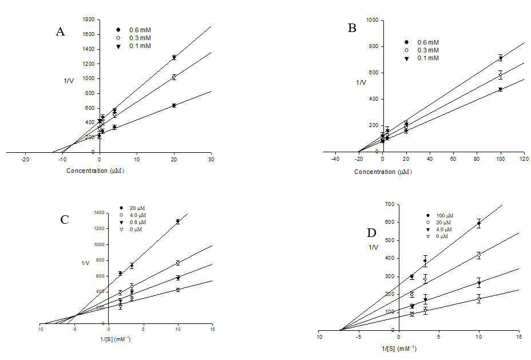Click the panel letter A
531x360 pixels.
pyautogui.click(x=60, y=31)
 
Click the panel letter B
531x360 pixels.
pyautogui.click(x=352, y=28)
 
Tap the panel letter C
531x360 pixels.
pyautogui.click(x=64, y=220)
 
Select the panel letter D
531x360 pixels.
pyautogui.click(x=372, y=233)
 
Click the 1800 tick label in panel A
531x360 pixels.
pyautogui.click(x=89, y=19)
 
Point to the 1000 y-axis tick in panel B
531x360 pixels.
pyautogui.click(x=373, y=20)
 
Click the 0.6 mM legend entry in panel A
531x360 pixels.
pyautogui.click(x=134, y=30)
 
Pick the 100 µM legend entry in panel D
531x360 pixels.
pyautogui.click(x=440, y=215)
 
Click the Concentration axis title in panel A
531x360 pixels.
pyautogui.click(x=95, y=171)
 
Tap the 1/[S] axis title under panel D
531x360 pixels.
pyautogui.click(x=399, y=349)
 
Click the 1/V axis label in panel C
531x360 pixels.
pyautogui.click(x=85, y=263)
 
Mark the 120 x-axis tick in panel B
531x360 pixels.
pyautogui.click(x=524, y=159)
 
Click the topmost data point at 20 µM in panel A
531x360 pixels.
pyautogui.click(x=174, y=58)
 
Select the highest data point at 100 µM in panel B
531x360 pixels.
pyautogui.click(x=500, y=58)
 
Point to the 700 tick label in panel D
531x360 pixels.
pyautogui.click(x=390, y=204)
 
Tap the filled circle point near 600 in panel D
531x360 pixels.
pyautogui.click(x=479, y=223)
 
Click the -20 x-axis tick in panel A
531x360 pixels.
pyautogui.click(x=25, y=160)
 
